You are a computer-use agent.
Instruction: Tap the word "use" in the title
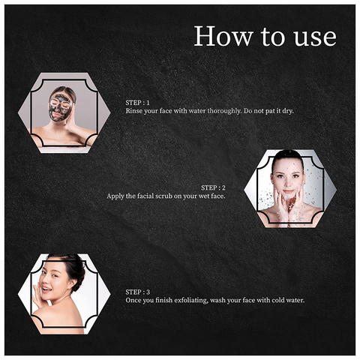coord(316,36)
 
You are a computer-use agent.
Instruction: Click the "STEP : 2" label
coord(214,187)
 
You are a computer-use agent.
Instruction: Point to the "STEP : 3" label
coord(138,291)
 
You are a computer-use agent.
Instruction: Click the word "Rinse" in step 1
coord(134,110)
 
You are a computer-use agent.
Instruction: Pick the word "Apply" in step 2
coord(116,196)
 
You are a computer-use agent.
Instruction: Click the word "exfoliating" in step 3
coord(190,300)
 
